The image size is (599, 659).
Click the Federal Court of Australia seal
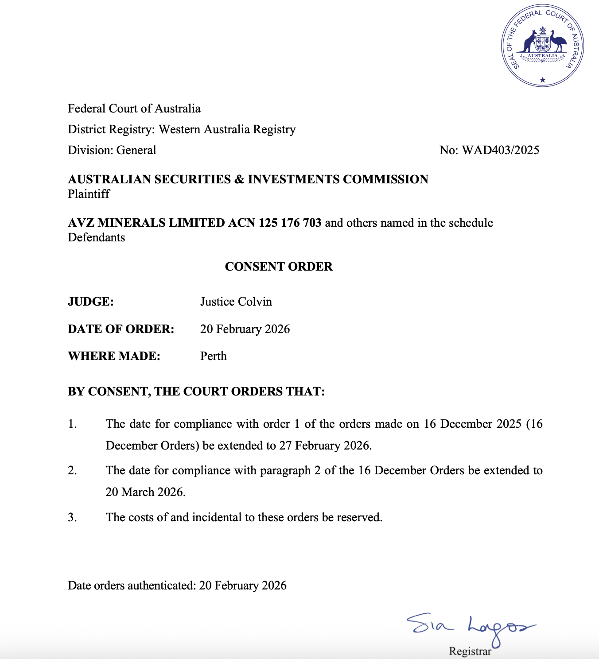pos(542,46)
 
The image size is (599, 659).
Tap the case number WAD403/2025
pos(500,150)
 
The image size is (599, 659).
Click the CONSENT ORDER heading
pos(279,267)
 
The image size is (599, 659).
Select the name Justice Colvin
pos(236,302)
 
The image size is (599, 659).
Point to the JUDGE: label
pos(91,302)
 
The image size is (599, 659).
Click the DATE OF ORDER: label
pos(121,329)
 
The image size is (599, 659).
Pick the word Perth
pos(214,356)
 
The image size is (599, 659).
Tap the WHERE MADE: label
pos(114,356)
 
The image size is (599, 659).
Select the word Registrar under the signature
pos(470,651)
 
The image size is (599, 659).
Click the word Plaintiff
pos(89,194)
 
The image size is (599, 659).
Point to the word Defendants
pos(97,237)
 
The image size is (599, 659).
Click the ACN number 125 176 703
pos(290,223)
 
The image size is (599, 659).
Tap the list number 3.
pos(72,517)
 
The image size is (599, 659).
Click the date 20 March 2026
pos(145,492)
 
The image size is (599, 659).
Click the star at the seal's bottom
pos(543,80)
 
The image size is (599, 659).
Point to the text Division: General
pos(112,150)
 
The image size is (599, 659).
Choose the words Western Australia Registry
pos(227,129)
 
